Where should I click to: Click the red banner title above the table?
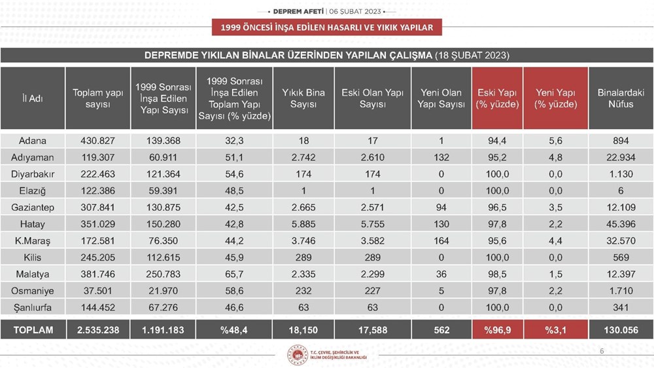(x=327, y=28)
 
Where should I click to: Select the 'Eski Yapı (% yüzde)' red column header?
(x=497, y=98)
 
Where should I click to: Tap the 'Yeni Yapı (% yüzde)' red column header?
(x=556, y=98)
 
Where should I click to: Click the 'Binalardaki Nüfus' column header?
(x=621, y=98)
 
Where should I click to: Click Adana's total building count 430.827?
(x=97, y=141)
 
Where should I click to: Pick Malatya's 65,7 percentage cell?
(x=235, y=274)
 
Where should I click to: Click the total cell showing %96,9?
(x=497, y=330)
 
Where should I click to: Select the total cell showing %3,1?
(x=556, y=330)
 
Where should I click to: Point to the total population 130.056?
(x=621, y=330)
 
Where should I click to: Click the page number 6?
(x=602, y=352)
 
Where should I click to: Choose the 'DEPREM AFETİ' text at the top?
(x=294, y=12)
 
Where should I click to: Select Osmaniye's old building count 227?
(x=372, y=291)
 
